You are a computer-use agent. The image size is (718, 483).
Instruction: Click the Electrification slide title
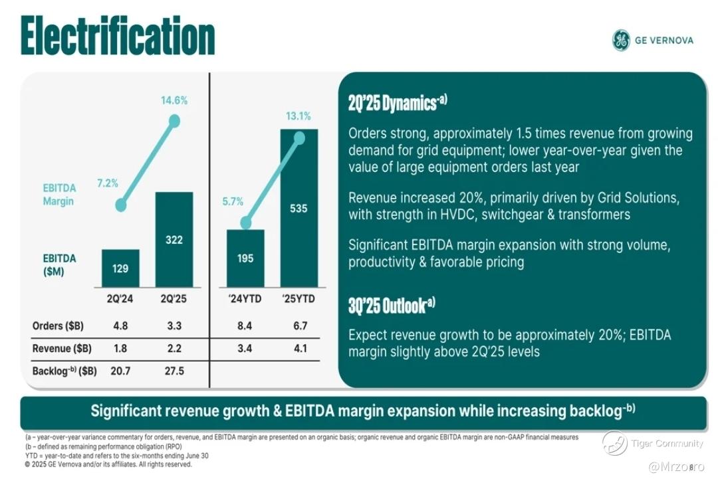[x=118, y=36]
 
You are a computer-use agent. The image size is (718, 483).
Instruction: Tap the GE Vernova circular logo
[x=621, y=41]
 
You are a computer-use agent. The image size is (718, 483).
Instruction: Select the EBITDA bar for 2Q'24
[x=120, y=268]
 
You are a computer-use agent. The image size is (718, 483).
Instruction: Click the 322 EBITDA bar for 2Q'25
[x=174, y=239]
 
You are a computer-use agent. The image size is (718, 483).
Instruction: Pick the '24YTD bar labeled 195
[x=245, y=258]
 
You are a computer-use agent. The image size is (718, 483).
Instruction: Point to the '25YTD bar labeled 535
[x=299, y=209]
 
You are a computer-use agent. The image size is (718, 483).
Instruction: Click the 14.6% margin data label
[x=174, y=100]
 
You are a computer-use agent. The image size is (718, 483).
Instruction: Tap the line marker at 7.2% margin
[x=121, y=205]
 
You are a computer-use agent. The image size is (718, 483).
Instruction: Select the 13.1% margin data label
[x=299, y=116]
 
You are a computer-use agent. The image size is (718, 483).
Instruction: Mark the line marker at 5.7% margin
[x=246, y=223]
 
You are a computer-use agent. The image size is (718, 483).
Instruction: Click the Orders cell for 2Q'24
[x=120, y=326]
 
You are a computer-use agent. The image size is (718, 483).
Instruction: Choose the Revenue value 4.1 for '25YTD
[x=300, y=348]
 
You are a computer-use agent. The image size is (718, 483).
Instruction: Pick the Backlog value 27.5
[x=174, y=371]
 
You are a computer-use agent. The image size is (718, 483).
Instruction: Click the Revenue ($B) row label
[x=62, y=348]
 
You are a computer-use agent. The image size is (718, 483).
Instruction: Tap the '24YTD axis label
[x=245, y=299]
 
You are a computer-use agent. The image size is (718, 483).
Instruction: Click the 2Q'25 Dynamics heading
[x=398, y=102]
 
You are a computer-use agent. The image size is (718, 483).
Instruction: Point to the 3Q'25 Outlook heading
[x=392, y=306]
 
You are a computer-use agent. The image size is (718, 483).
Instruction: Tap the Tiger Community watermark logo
[x=614, y=443]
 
